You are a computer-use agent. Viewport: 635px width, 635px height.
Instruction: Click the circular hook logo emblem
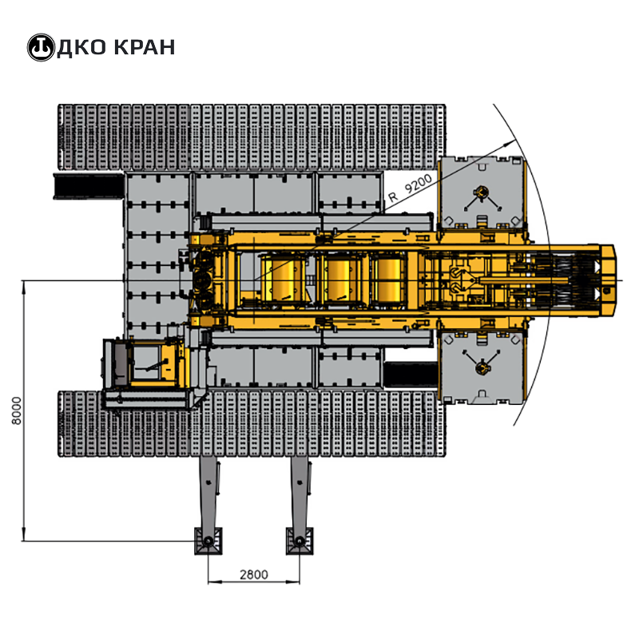41,47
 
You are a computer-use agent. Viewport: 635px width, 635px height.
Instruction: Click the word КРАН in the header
144,47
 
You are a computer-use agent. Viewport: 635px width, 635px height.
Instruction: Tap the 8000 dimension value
17,411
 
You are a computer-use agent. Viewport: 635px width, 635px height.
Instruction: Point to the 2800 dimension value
254,574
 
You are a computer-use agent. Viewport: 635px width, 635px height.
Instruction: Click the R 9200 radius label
411,189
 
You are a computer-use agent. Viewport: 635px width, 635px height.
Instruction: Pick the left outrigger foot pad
208,541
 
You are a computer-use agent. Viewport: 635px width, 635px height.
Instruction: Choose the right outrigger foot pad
300,541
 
